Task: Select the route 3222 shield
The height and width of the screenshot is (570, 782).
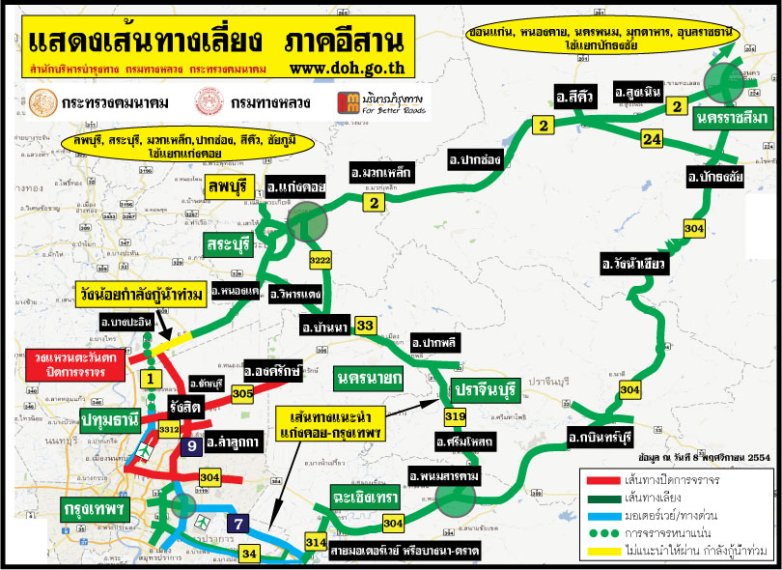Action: click(321, 262)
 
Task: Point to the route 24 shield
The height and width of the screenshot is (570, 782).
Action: click(652, 140)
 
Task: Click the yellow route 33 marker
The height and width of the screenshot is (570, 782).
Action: click(365, 326)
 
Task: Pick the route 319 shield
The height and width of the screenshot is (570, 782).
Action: click(455, 417)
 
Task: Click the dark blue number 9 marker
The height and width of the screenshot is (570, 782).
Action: click(192, 445)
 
